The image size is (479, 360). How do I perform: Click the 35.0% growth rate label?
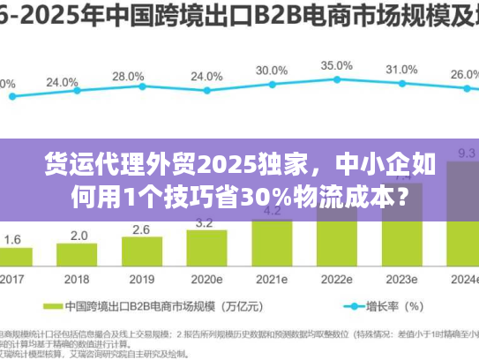337,66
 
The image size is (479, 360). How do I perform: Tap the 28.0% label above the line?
128,77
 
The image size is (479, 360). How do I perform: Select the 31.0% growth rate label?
401,70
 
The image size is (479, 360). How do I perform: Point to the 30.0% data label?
272,71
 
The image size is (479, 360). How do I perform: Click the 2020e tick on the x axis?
207,280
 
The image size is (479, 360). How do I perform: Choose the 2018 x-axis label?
79,280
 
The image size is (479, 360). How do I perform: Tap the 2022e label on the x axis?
337,280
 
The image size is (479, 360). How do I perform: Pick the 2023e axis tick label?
401,280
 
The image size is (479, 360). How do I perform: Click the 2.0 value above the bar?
79,236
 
